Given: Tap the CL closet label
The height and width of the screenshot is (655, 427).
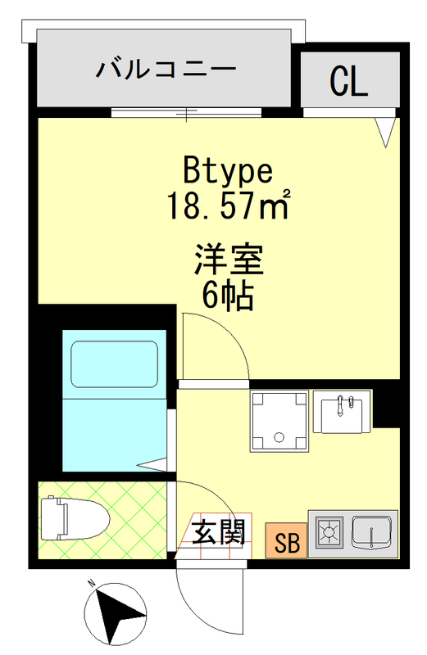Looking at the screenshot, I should (x=348, y=81).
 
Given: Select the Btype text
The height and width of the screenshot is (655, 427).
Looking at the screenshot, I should (x=227, y=171).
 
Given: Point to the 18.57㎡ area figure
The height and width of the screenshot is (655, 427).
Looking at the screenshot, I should (x=229, y=204).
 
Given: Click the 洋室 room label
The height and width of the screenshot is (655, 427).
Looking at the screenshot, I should (x=228, y=261).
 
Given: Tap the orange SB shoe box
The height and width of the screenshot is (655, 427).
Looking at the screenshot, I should (x=287, y=542).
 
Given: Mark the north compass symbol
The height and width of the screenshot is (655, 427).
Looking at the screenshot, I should (x=115, y=612).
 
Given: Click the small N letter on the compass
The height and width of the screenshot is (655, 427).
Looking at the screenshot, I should (x=93, y=585).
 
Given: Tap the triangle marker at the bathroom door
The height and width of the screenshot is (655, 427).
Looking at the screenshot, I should (x=153, y=466).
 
